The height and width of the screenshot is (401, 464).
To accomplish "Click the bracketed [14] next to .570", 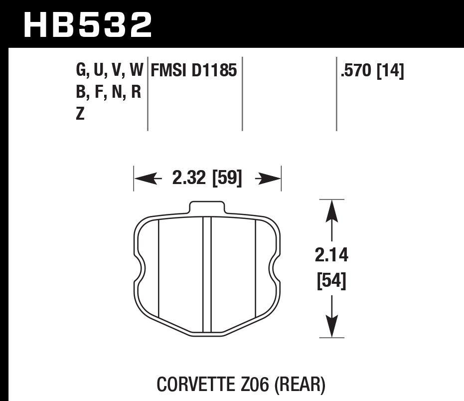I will point(390,71).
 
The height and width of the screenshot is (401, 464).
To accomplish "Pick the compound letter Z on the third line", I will point(80,114).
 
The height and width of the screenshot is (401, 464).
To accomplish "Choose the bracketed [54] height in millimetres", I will point(331,281).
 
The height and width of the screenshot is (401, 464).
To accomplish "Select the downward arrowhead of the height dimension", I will point(332,328).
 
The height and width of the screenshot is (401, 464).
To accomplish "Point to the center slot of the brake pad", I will point(207,274).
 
